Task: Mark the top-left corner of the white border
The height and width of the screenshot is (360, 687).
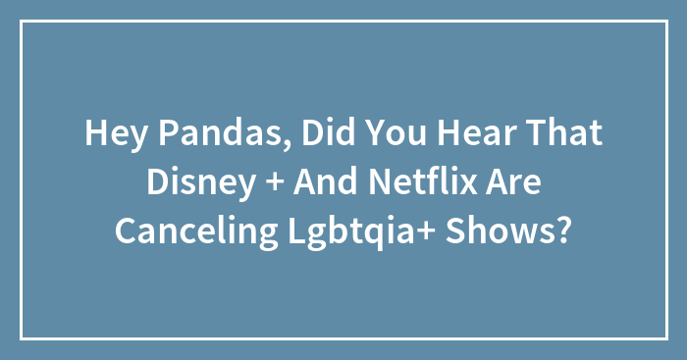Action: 22,22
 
